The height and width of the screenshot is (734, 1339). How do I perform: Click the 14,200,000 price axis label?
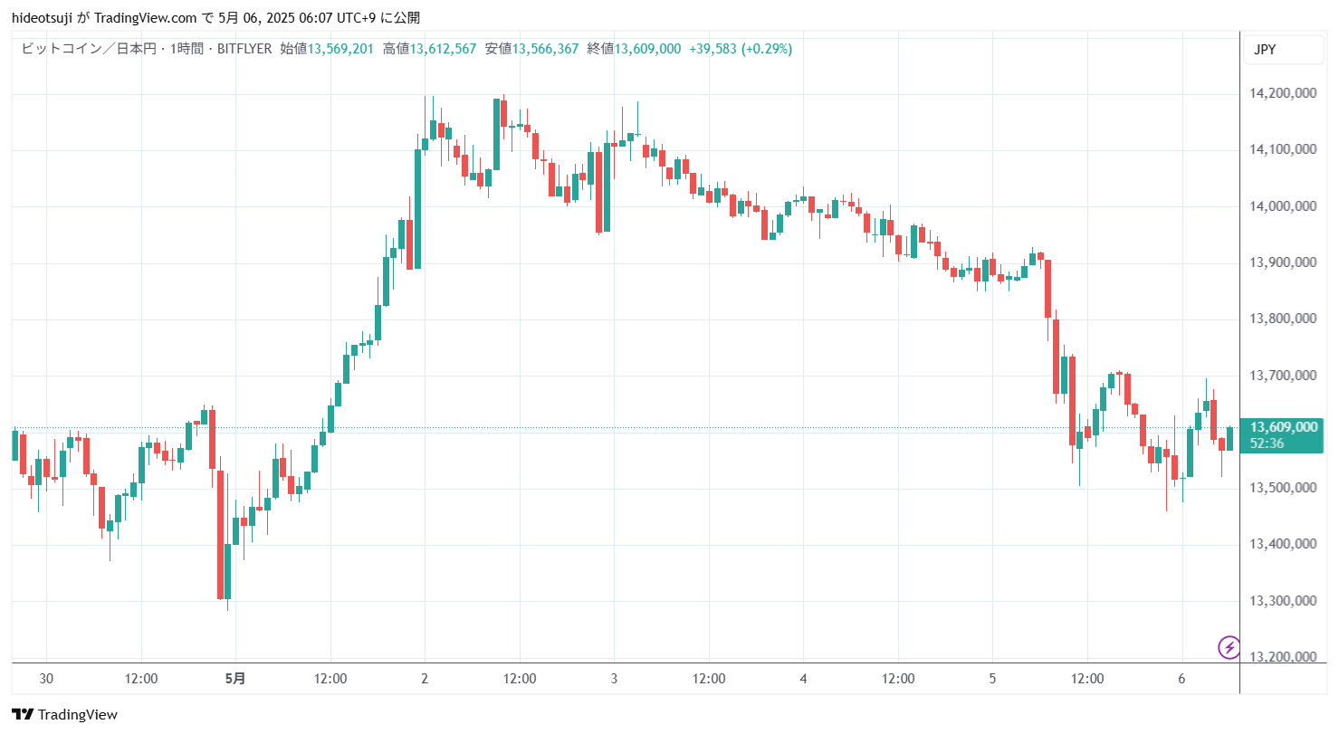pyautogui.click(x=1283, y=92)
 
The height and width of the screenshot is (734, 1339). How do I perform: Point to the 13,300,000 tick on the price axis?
pyautogui.click(x=1283, y=600)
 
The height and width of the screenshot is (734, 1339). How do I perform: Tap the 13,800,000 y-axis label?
pyautogui.click(x=1283, y=318)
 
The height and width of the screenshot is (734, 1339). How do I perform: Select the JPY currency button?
pyautogui.click(x=1283, y=50)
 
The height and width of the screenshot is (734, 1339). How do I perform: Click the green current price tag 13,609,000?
pyautogui.click(x=1284, y=427)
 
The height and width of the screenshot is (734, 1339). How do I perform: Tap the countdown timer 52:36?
pyautogui.click(x=1267, y=443)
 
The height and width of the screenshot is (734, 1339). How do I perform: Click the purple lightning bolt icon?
pyautogui.click(x=1229, y=647)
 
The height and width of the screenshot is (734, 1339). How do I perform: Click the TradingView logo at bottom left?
pyautogui.click(x=64, y=714)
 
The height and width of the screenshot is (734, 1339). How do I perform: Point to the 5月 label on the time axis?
pyautogui.click(x=234, y=679)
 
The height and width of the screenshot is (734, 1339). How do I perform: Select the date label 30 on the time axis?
pyautogui.click(x=46, y=679)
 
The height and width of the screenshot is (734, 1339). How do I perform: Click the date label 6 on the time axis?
pyautogui.click(x=1181, y=679)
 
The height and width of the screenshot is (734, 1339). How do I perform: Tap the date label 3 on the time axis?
pyautogui.click(x=614, y=679)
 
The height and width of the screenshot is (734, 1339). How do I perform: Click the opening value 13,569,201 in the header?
pyautogui.click(x=340, y=49)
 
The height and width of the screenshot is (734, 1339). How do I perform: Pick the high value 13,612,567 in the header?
pyautogui.click(x=443, y=49)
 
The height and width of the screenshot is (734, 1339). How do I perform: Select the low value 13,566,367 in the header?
pyautogui.click(x=545, y=49)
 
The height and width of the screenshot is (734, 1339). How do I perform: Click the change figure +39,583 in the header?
pyautogui.click(x=713, y=49)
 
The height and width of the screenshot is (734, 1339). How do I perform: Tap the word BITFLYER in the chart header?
pyautogui.click(x=244, y=49)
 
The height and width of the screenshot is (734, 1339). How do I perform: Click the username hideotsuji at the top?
pyautogui.click(x=42, y=18)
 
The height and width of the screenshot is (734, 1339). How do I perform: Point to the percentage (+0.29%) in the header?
pyautogui.click(x=767, y=49)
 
